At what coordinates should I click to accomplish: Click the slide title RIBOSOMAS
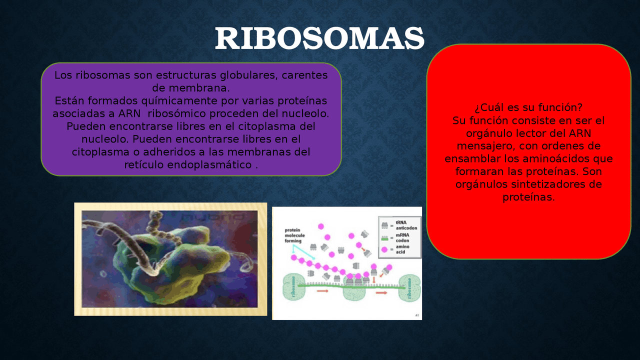click(319, 39)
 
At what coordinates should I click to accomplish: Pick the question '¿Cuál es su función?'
click(528, 108)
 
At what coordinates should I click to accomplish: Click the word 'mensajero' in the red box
click(485, 146)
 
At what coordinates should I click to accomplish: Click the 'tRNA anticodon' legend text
click(406, 225)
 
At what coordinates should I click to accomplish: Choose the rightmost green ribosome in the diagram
click(409, 288)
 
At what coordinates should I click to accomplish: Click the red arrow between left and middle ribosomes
click(322, 291)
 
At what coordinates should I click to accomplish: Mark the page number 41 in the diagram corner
click(417, 315)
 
